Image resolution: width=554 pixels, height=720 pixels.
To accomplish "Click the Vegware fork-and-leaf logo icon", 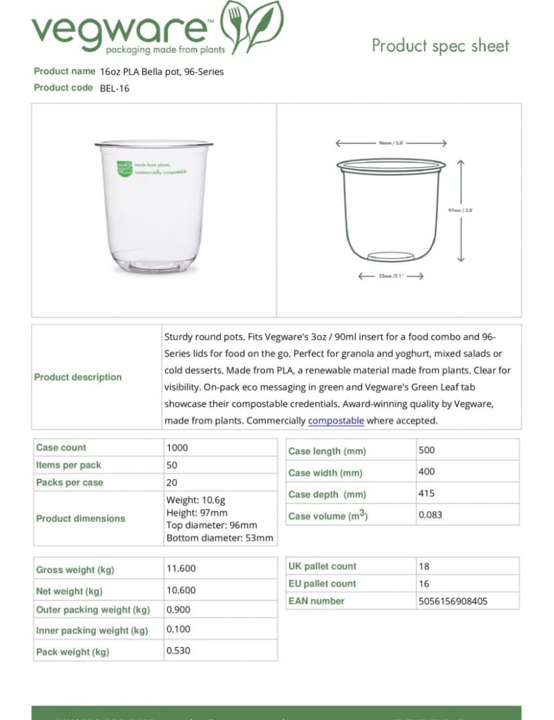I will [252, 27].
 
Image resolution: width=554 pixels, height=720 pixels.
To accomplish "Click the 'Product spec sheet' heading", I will [440, 46].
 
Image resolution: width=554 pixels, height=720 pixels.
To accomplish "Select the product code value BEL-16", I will [115, 88].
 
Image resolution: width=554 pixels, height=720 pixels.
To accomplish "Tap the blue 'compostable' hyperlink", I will [336, 421].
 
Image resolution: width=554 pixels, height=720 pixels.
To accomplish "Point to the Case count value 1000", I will [177, 448].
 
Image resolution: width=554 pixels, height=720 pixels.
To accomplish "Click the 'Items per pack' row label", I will [68, 465].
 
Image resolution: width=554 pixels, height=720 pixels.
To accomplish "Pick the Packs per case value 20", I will [172, 482].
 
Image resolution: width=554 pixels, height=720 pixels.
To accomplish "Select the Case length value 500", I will [427, 450].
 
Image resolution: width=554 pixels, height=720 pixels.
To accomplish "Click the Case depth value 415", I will [427, 493].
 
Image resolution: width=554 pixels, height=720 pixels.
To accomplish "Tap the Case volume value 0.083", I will [430, 515].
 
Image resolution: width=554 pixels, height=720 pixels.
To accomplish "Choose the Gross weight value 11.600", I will [181, 568].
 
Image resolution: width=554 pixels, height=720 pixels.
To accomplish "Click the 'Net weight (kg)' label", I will [69, 591].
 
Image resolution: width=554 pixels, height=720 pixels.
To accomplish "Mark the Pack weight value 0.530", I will [178, 651].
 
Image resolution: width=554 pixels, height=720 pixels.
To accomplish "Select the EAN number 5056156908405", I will [453, 601].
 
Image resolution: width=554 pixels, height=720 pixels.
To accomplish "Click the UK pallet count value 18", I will [424, 566].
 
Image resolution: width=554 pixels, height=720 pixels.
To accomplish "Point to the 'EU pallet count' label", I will [322, 584].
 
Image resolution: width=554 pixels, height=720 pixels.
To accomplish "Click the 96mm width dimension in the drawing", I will [390, 143].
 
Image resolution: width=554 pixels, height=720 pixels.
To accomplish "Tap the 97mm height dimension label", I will [460, 210].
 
